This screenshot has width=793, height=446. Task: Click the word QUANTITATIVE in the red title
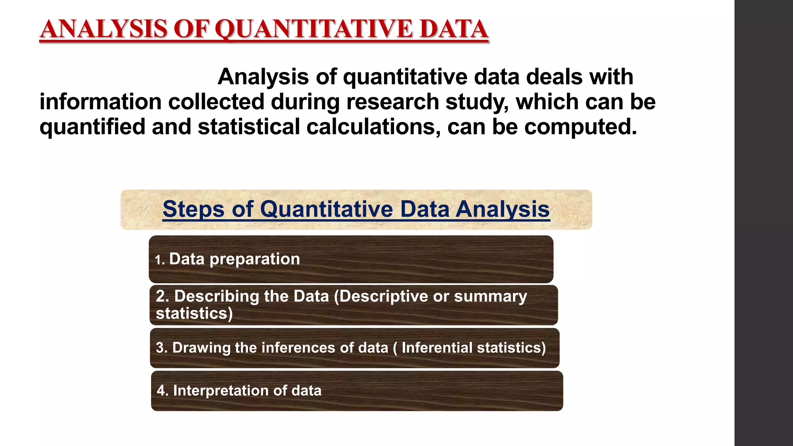pos(314,29)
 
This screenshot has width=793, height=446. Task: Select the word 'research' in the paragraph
pos(393,102)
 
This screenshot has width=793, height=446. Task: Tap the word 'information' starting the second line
pos(100,102)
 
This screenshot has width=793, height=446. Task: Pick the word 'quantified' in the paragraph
pos(92,127)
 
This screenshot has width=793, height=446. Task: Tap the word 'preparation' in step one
pos(254,259)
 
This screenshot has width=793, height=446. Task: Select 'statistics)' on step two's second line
pos(194,313)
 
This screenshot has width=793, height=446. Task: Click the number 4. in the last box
pos(163,391)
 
